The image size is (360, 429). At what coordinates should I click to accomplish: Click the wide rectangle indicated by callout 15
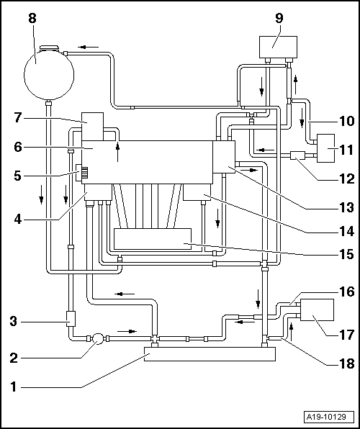(x=153, y=240)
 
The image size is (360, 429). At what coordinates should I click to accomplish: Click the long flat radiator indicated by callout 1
(x=210, y=353)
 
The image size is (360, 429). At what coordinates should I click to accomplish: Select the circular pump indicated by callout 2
(x=96, y=338)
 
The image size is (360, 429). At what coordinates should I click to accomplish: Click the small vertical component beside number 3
(x=71, y=317)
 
